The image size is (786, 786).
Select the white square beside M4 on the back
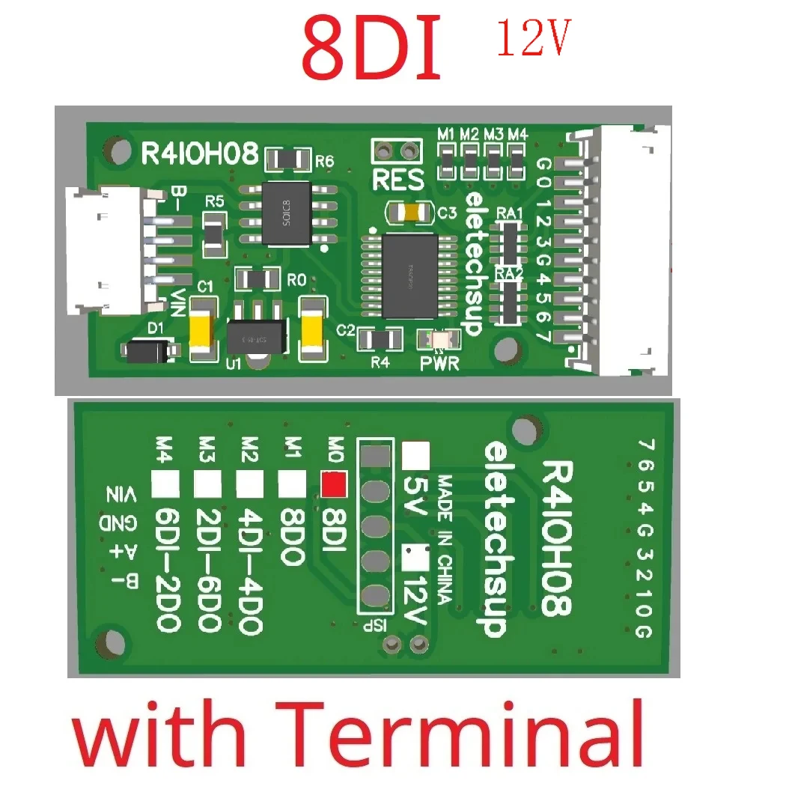pos(165,484)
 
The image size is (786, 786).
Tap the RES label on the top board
pos(397,180)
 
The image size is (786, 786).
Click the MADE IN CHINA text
pos(445,538)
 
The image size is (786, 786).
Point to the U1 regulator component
pos(256,335)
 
